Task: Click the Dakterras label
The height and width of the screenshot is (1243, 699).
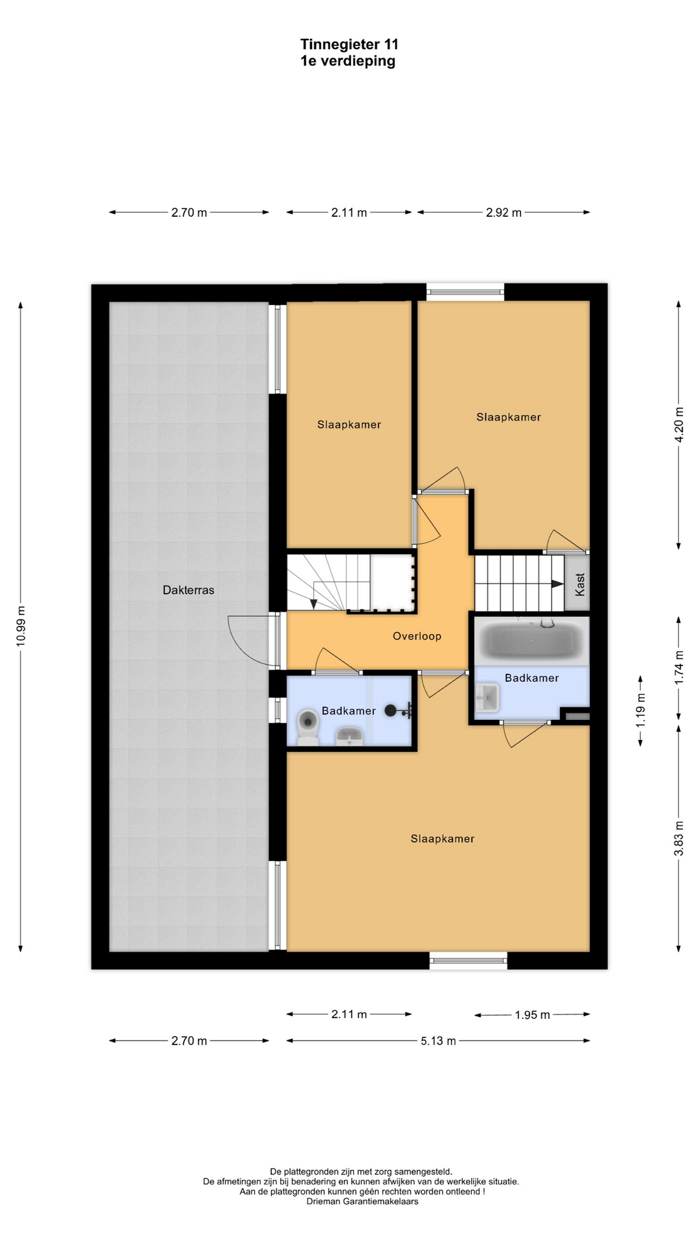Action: (x=188, y=590)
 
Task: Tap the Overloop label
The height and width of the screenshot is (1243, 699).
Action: (x=417, y=636)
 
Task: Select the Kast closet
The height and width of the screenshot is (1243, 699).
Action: (x=577, y=583)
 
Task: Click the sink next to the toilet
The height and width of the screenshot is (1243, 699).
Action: (x=349, y=736)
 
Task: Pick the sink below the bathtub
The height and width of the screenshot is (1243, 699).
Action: (x=487, y=698)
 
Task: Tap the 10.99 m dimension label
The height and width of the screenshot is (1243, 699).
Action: (x=21, y=626)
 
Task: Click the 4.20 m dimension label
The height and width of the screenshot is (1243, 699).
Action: (x=679, y=425)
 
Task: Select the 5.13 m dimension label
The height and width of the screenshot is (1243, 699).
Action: (x=438, y=1041)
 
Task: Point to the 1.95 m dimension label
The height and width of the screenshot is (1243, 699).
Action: (x=532, y=1015)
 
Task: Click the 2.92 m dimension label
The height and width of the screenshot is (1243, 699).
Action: (x=504, y=212)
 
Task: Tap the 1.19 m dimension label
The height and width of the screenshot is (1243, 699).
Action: (x=641, y=710)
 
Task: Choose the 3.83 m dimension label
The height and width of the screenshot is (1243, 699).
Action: (x=679, y=838)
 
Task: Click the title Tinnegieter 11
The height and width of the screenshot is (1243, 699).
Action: (x=349, y=44)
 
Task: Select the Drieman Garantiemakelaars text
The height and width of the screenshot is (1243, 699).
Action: (x=362, y=1202)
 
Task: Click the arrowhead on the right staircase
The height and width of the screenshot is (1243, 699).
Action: (x=557, y=583)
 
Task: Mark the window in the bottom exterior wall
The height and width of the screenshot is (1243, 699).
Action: (x=469, y=961)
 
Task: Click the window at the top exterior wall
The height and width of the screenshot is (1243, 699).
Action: (x=465, y=292)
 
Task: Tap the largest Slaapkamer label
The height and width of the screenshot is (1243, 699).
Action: (x=443, y=839)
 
